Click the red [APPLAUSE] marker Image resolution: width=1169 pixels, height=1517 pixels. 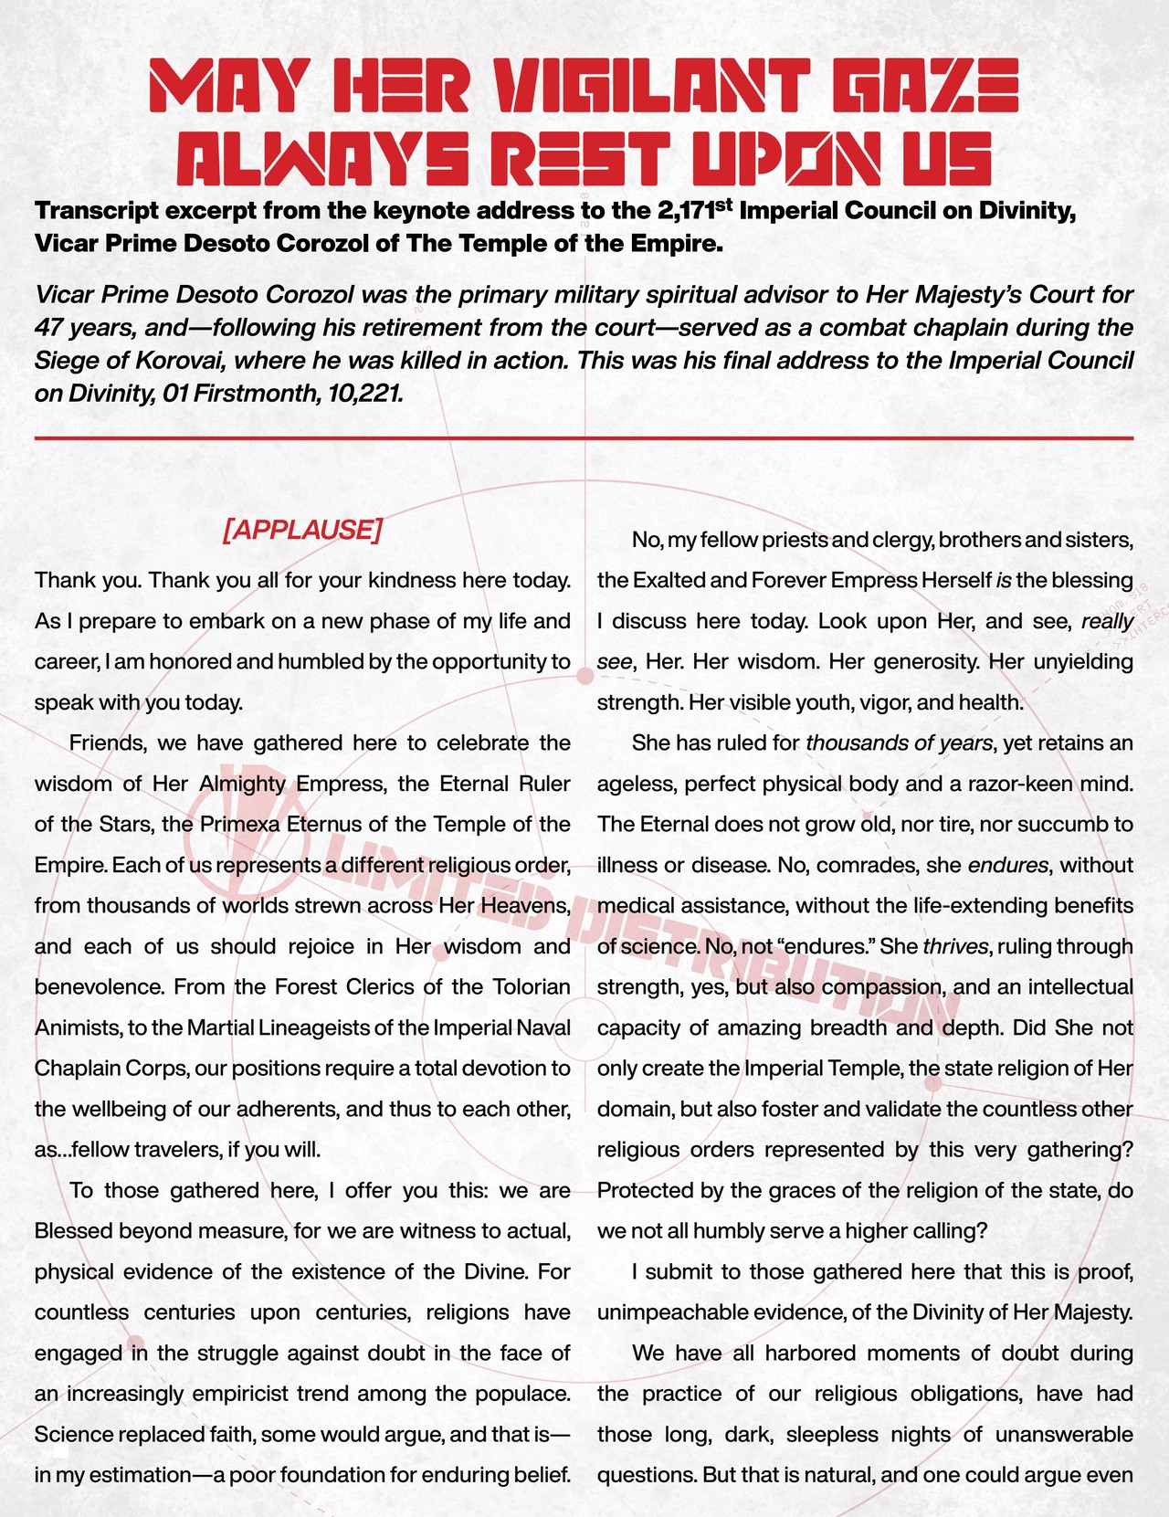click(x=301, y=531)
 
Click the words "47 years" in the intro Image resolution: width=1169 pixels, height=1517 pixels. click(x=78, y=328)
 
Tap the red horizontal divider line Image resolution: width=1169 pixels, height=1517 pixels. click(x=584, y=439)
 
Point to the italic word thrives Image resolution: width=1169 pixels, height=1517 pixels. click(x=955, y=947)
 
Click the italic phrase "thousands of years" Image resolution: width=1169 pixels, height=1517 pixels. click(x=899, y=743)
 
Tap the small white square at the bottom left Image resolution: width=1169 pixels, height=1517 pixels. click(x=60, y=1449)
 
